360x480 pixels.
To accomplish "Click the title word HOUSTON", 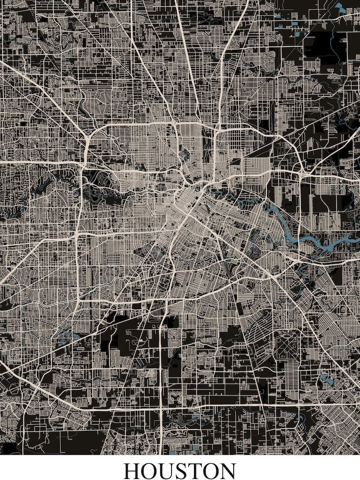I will coord(180,470).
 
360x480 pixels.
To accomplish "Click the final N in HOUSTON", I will coord(227,470).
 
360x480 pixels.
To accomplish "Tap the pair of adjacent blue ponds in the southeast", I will coord(326,380).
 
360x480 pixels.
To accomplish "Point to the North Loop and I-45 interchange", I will coord(216,132).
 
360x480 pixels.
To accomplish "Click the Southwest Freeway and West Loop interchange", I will coord(77,236).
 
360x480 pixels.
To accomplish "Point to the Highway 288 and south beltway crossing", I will coord(161,407).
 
